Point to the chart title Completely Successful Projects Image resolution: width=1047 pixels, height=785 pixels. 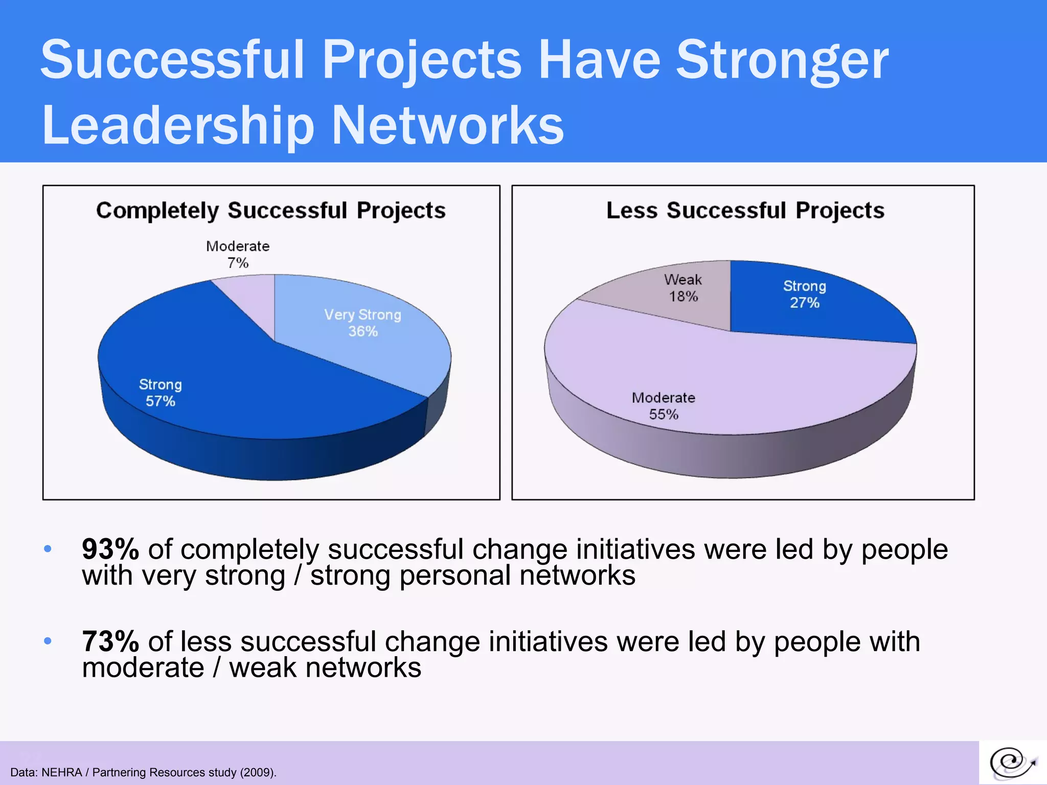click(271, 211)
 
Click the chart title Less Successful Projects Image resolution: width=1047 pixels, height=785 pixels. click(745, 211)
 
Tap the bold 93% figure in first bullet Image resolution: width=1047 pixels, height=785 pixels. click(110, 549)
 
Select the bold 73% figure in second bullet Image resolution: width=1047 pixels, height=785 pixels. click(110, 641)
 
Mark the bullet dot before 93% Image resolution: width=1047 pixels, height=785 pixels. click(48, 549)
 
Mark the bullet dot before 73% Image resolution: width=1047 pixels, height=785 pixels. click(48, 641)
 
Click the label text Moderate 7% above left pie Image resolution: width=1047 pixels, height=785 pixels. click(238, 254)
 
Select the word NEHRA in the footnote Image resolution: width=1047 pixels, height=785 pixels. click(61, 772)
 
